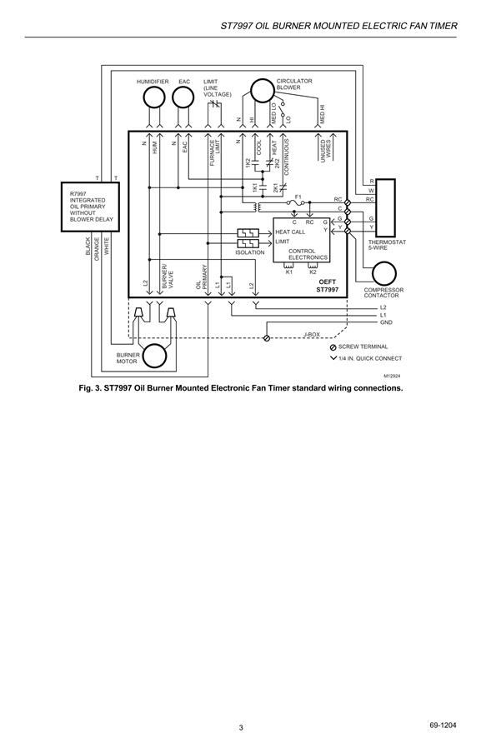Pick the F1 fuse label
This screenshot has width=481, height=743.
(298, 197)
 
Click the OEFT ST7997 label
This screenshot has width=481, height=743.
(328, 286)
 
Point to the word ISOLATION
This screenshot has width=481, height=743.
(250, 252)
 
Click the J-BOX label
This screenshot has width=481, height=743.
(312, 335)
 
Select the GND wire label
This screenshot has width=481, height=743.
(386, 322)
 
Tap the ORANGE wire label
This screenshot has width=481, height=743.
(98, 249)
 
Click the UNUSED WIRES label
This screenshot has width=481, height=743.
(326, 151)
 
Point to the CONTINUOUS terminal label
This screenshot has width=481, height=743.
(286, 157)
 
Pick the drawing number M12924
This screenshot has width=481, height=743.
(393, 376)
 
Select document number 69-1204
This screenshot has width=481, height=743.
(443, 726)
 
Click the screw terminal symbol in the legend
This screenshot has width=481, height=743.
(333, 347)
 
